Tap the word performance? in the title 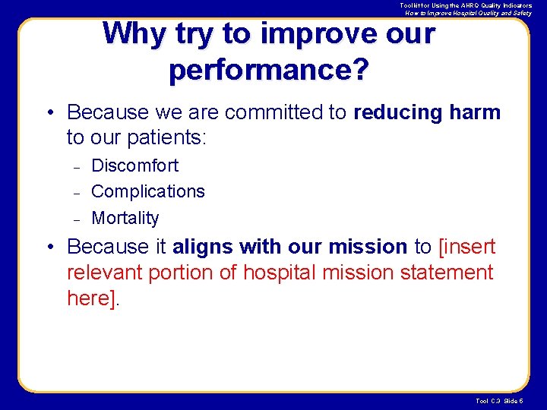[269, 69]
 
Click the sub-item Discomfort [134, 166]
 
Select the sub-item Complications [148, 191]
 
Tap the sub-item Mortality [125, 218]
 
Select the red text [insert [466, 247]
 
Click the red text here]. [93, 298]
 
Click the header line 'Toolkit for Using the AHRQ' [466, 5]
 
